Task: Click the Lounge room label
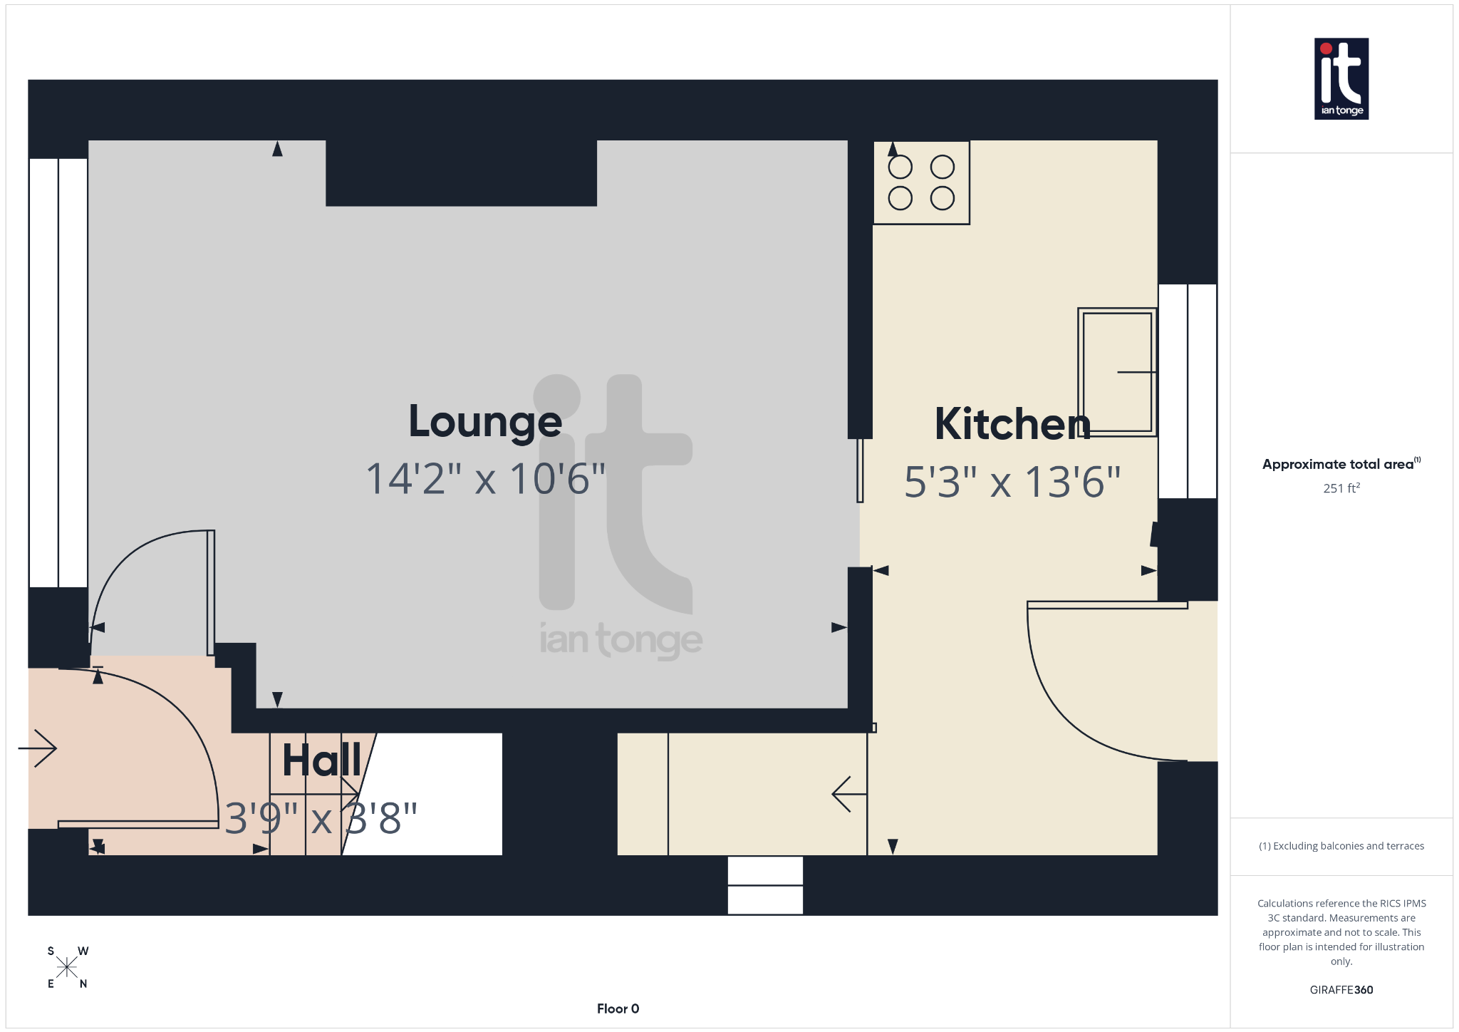coord(485,422)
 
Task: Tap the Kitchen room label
coord(1012,425)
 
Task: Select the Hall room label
coord(321,760)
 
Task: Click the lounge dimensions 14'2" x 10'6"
coord(485,479)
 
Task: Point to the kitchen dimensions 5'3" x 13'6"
coord(1012,483)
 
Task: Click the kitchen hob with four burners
coord(921,182)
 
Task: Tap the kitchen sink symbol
coord(1116,371)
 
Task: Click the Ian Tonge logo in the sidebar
coord(1341,78)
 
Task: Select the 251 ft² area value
coord(1341,488)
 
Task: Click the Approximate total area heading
coord(1339,464)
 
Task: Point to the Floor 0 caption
coord(618,1008)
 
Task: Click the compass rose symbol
coord(67,967)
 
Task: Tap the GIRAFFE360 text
coord(1341,989)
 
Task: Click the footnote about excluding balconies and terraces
coord(1341,846)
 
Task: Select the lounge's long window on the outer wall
coord(58,372)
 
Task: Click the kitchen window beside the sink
coord(1187,391)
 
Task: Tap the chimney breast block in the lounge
coord(461,173)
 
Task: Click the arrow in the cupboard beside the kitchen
coord(848,793)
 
